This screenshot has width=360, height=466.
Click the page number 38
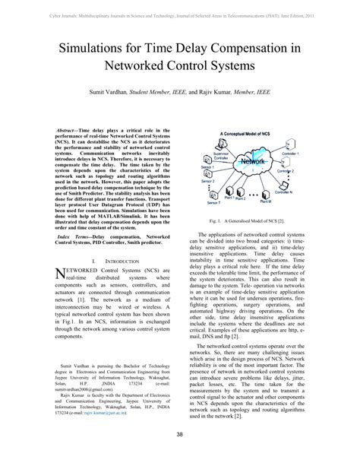[x=179, y=455]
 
